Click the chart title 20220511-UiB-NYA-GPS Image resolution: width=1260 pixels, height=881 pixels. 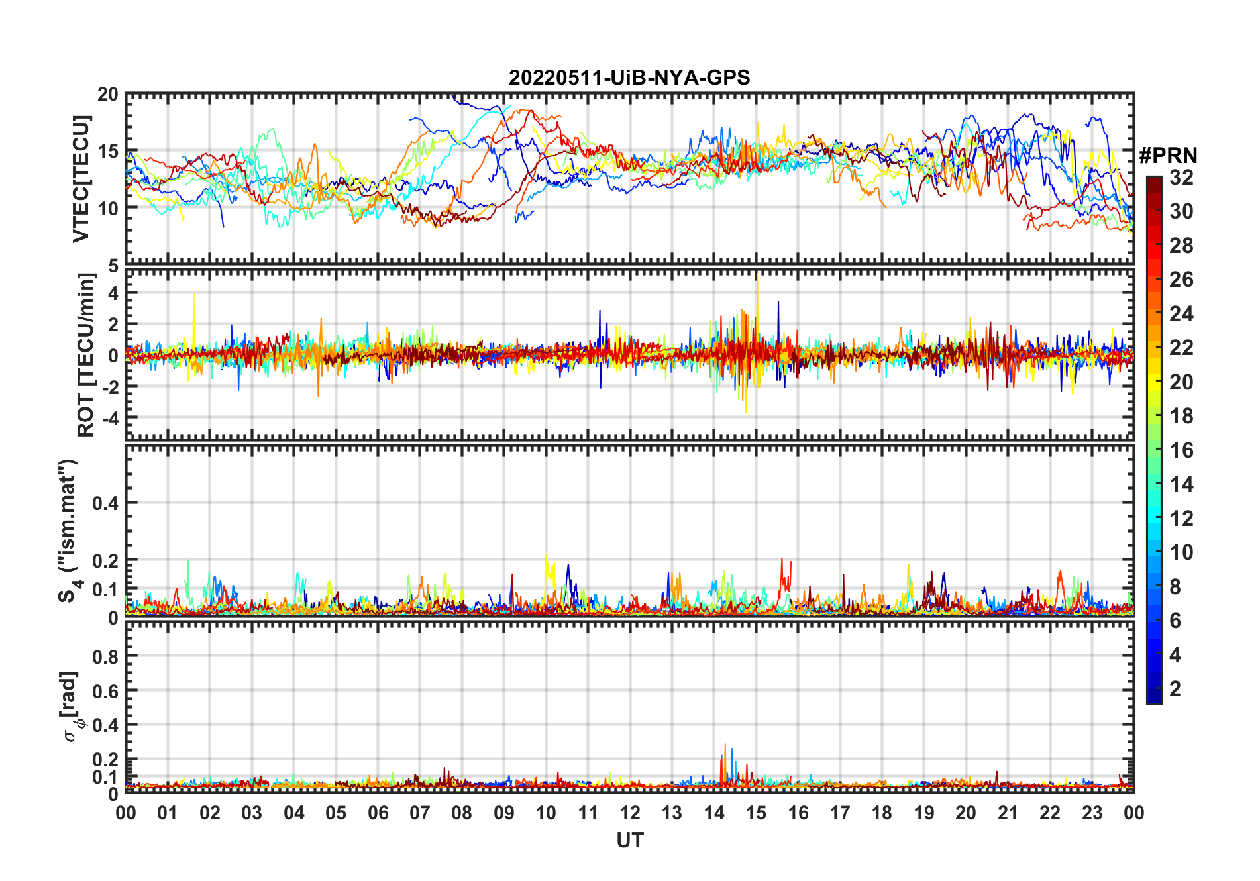[x=629, y=78]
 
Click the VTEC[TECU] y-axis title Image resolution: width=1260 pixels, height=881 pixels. [x=81, y=179]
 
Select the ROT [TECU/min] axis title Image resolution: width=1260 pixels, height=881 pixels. [x=85, y=354]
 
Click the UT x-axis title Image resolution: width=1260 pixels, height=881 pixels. [x=629, y=841]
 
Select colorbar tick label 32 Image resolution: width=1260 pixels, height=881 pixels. [x=1181, y=178]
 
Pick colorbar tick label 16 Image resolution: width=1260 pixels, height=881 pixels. [x=1181, y=450]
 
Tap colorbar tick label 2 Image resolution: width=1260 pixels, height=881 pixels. [x=1175, y=689]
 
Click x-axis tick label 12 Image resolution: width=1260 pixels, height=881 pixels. [x=630, y=813]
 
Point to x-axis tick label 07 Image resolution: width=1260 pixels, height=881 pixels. [x=420, y=813]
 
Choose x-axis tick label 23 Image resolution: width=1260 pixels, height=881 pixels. [x=1092, y=813]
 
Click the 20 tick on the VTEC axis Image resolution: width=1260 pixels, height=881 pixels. [x=108, y=95]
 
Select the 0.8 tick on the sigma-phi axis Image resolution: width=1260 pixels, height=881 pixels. [x=105, y=656]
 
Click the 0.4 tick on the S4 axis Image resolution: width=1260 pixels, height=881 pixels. [x=105, y=503]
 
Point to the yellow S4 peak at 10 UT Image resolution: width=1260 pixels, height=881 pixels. [x=547, y=558]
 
